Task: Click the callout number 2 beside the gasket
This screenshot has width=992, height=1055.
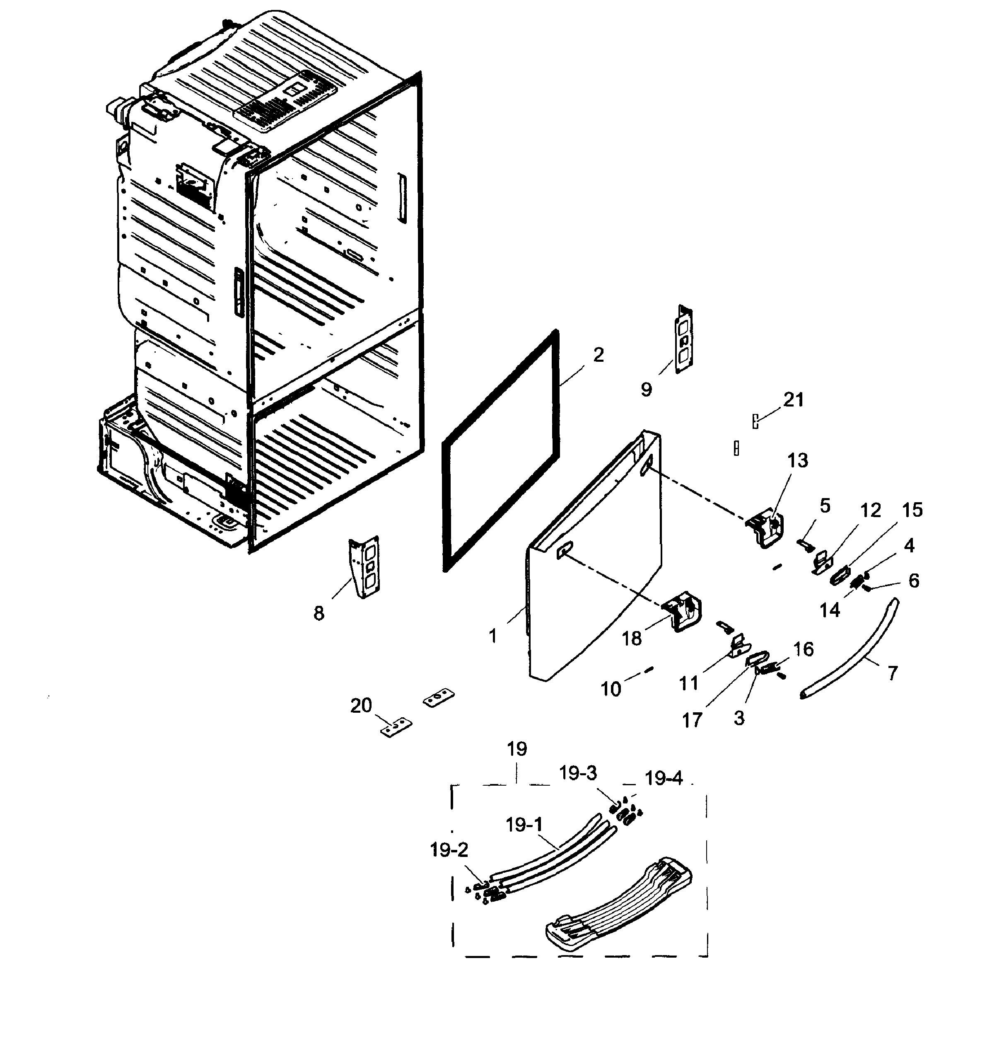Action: tap(599, 355)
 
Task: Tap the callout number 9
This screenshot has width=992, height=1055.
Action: tap(646, 390)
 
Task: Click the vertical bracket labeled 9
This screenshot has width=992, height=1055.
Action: tap(684, 340)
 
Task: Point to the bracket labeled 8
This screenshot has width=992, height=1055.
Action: tap(365, 568)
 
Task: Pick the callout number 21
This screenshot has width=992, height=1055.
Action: tap(794, 399)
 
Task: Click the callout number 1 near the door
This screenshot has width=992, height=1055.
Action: tap(493, 636)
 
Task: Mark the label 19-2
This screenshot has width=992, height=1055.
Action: tap(449, 850)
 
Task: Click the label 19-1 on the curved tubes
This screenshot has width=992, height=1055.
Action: tap(524, 825)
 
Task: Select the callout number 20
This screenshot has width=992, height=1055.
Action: tap(361, 705)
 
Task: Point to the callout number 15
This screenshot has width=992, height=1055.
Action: tap(912, 510)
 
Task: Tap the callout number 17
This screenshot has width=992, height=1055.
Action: tap(692, 720)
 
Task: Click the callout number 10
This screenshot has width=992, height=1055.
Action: tap(611, 689)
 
